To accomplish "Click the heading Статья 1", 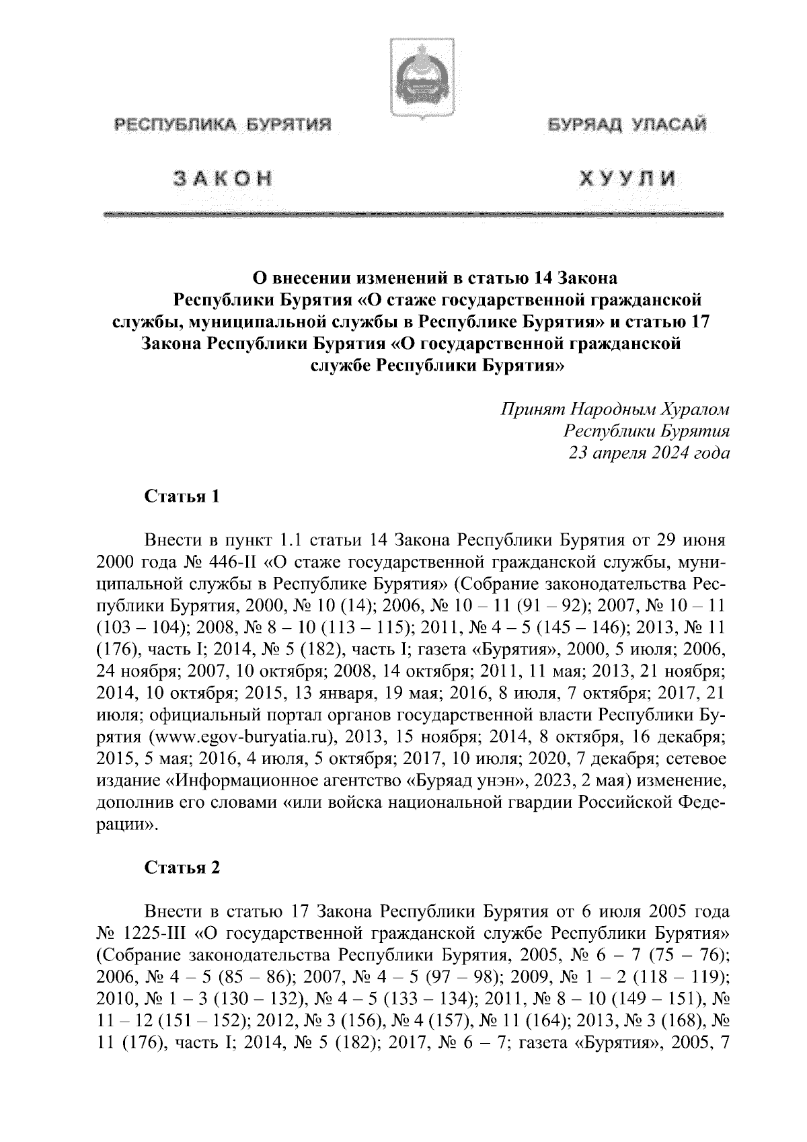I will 182,498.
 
